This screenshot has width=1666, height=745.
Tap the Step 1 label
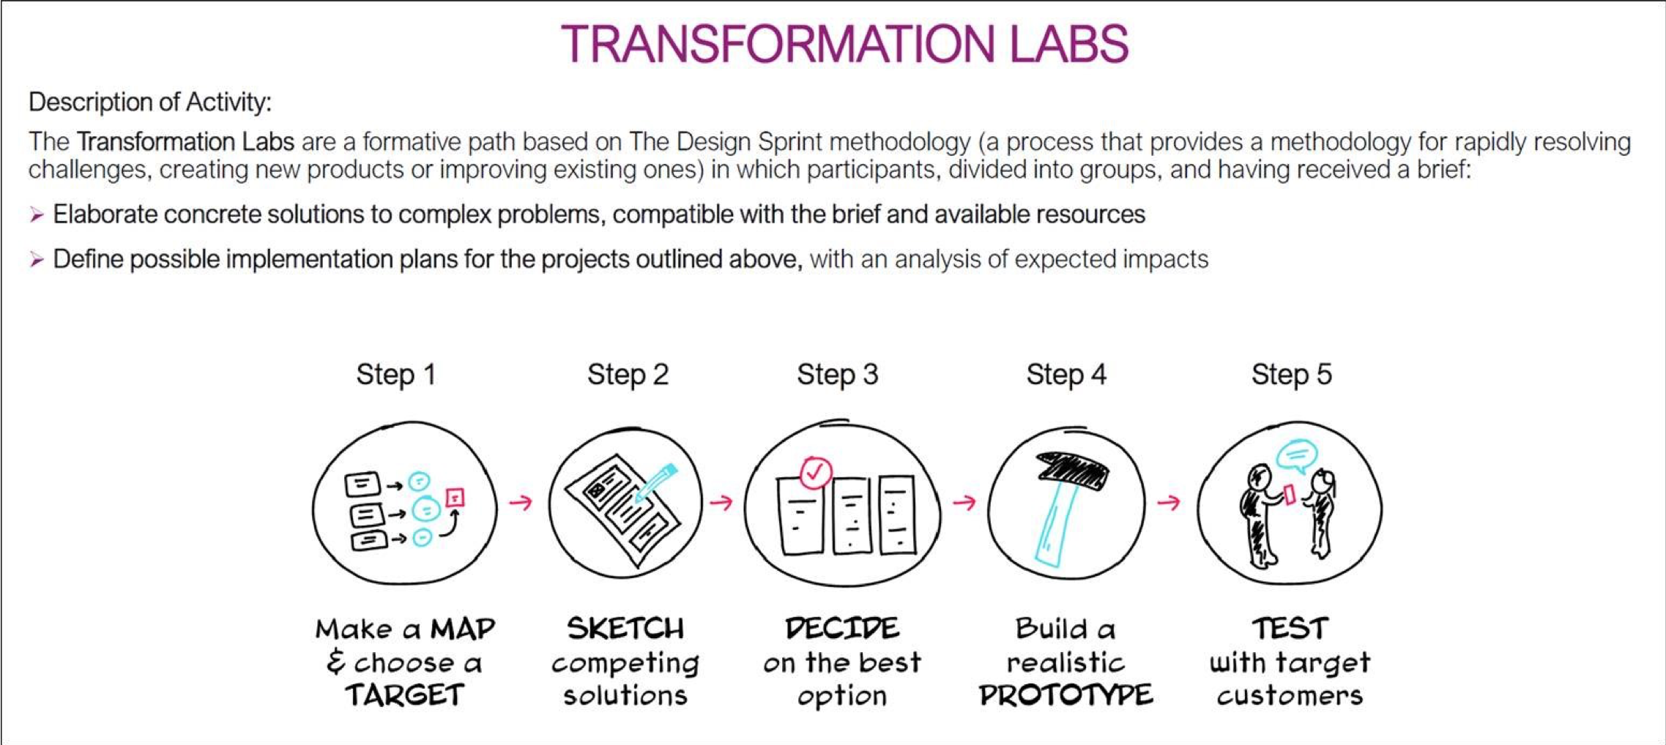396,375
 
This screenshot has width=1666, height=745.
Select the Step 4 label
1066,375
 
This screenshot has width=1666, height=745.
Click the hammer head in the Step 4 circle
1071,469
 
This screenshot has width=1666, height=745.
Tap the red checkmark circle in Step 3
816,472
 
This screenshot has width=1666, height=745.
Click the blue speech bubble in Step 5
1297,455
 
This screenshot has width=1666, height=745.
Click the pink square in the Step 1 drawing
455,498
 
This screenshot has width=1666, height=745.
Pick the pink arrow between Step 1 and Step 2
521,502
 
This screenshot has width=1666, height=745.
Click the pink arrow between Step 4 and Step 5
1169,502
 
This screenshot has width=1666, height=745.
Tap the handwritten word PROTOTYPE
1066,695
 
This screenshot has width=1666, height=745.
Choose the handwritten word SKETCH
625,629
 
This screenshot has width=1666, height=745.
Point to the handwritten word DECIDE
842,629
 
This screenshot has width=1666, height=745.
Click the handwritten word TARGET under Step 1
405,695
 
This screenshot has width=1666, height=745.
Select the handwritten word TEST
1290,629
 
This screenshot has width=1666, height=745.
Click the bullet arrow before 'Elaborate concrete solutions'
37,214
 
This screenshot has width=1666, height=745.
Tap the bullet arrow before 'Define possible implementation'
37,260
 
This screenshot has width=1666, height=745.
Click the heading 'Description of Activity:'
150,102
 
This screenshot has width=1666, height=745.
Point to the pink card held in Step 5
1290,495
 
